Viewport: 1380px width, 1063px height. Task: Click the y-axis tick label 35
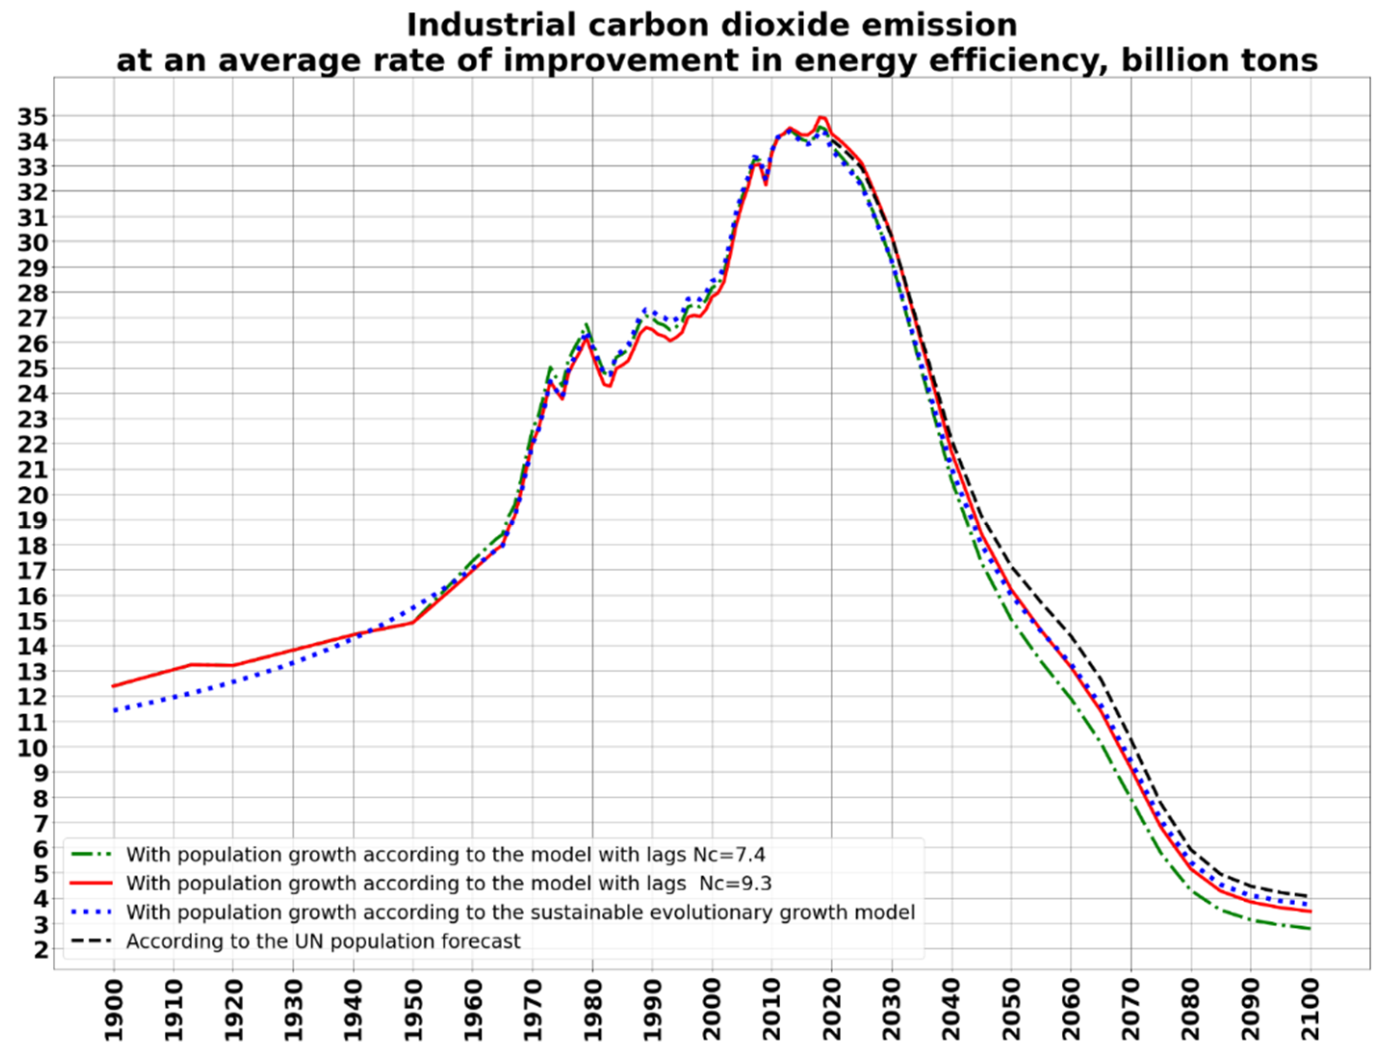coord(32,117)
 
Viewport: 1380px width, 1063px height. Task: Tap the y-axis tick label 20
coord(32,495)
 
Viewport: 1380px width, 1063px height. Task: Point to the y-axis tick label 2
coord(40,949)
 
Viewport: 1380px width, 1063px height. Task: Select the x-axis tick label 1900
coord(114,1009)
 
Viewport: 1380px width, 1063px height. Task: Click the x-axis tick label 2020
coord(832,1009)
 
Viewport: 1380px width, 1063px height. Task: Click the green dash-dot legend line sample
coord(92,855)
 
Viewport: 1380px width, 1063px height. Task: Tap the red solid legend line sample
coord(92,883)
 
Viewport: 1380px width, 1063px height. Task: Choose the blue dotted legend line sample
coord(92,912)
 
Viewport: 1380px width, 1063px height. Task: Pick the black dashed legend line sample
coord(92,941)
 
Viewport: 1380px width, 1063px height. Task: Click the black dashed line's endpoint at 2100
coord(1309,895)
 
